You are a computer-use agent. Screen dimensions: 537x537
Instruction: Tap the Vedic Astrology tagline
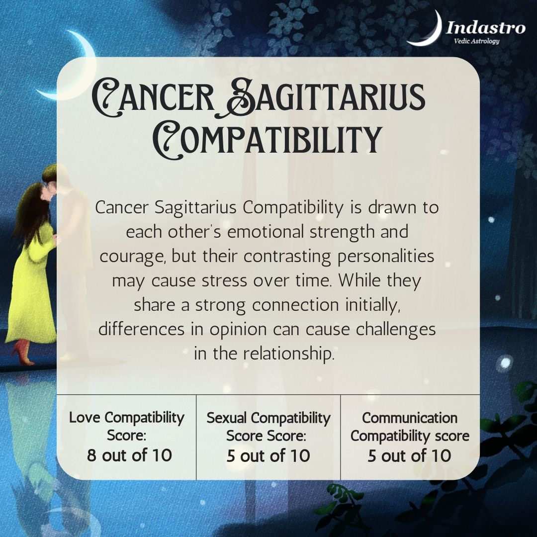[476, 41]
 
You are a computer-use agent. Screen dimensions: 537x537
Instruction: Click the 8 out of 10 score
[129, 455]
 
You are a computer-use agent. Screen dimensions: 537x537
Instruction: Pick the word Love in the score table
[86, 417]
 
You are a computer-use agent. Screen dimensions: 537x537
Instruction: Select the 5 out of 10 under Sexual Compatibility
[268, 455]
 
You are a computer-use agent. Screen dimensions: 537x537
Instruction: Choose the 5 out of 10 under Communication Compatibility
[409, 455]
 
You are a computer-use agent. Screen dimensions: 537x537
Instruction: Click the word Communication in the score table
[409, 417]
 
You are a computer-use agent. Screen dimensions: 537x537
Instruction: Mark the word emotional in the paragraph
[262, 232]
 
